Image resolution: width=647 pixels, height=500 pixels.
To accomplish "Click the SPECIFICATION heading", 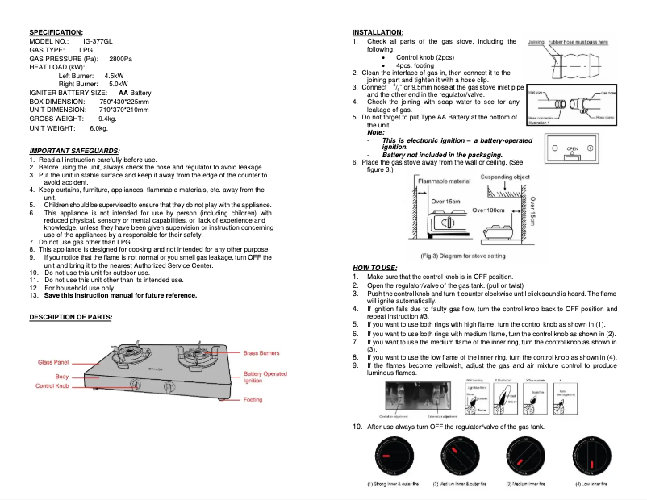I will [x=56, y=31].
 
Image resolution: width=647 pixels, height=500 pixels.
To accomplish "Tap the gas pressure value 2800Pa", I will [x=121, y=59].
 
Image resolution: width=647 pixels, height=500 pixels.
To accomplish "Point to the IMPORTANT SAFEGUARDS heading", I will [x=74, y=151].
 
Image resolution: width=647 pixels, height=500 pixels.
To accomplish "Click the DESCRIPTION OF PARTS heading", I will [x=71, y=317].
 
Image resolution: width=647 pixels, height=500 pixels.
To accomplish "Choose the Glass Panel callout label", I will [x=54, y=364].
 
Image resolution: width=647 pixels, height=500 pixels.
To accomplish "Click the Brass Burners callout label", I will [x=261, y=353].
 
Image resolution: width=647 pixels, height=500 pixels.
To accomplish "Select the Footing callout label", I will [x=253, y=400].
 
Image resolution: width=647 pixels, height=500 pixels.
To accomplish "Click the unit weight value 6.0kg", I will [x=98, y=128].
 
